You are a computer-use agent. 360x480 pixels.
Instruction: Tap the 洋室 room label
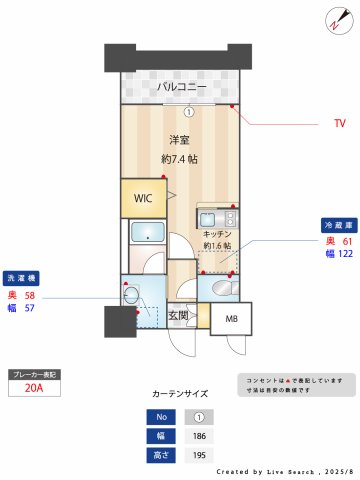click(x=179, y=140)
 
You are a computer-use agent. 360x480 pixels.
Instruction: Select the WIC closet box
click(x=144, y=197)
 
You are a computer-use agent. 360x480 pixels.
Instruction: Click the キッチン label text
click(x=217, y=232)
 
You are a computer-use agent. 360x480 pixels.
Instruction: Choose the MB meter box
click(x=232, y=319)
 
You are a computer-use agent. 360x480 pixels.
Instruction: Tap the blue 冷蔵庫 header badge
click(x=337, y=225)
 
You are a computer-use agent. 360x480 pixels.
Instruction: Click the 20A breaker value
click(x=34, y=389)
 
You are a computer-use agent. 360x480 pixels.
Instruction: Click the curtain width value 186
click(x=200, y=437)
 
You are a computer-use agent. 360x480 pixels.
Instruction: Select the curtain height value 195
click(x=200, y=456)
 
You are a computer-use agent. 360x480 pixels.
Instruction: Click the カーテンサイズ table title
click(x=180, y=395)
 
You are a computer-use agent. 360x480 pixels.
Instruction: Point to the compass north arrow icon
click(x=335, y=21)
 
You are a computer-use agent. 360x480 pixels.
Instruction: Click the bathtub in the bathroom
click(x=148, y=234)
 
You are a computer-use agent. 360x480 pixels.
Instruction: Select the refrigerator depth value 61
click(x=347, y=241)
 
